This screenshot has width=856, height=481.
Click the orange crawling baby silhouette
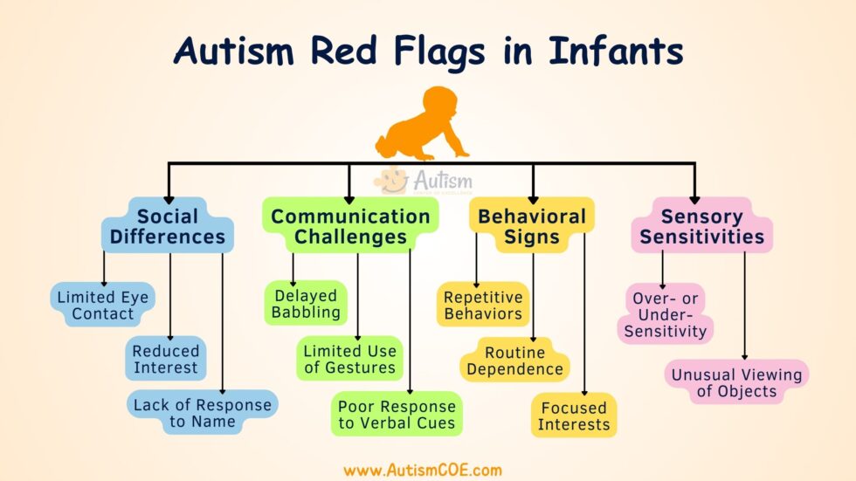(x=425, y=124)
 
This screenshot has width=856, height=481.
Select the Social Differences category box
(x=168, y=225)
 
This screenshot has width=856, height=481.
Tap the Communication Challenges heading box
(x=349, y=226)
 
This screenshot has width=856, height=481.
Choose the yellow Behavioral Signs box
(x=531, y=226)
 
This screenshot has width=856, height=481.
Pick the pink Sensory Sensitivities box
(x=701, y=225)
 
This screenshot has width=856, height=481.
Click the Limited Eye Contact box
(x=103, y=306)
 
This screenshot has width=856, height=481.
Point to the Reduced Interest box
(x=166, y=358)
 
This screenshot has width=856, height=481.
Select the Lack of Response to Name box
(x=203, y=413)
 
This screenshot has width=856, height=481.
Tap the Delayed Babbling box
(x=306, y=303)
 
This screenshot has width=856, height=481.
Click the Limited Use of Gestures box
(x=349, y=359)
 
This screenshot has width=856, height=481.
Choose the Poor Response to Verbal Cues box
(x=397, y=415)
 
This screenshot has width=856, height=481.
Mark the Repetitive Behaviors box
(x=482, y=305)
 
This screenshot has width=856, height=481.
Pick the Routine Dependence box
(x=514, y=361)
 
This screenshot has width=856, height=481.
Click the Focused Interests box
(x=574, y=416)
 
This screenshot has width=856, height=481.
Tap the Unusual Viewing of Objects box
(x=736, y=382)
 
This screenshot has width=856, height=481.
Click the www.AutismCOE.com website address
(x=423, y=470)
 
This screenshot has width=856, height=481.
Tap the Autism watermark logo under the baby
(x=425, y=182)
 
